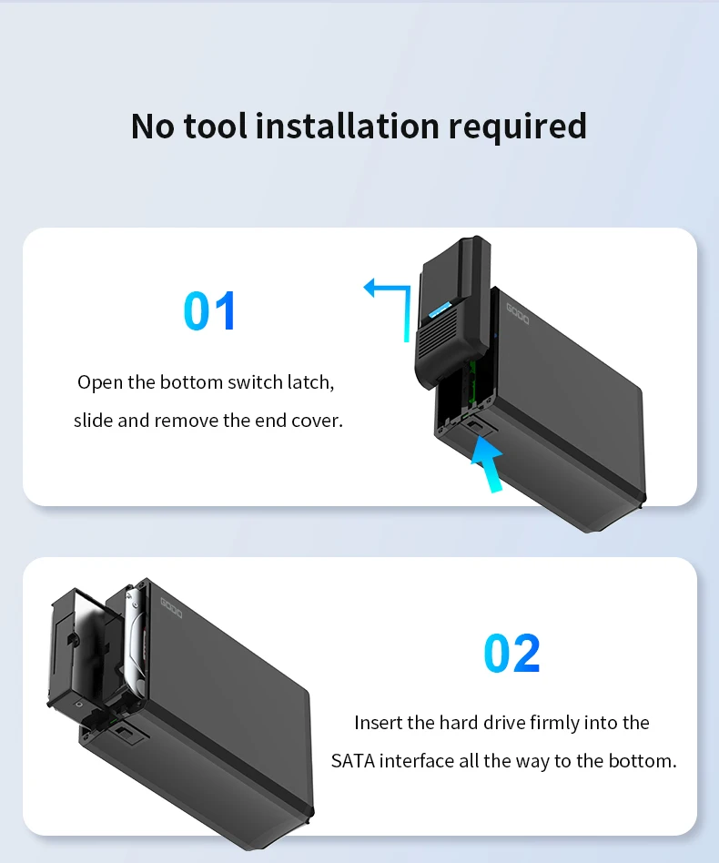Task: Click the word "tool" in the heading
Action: [215, 126]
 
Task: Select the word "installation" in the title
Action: [348, 126]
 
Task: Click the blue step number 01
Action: [209, 311]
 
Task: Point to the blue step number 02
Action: [511, 654]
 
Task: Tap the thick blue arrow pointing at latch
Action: [488, 463]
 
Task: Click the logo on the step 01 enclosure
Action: [518, 314]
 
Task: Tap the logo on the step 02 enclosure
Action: [171, 607]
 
